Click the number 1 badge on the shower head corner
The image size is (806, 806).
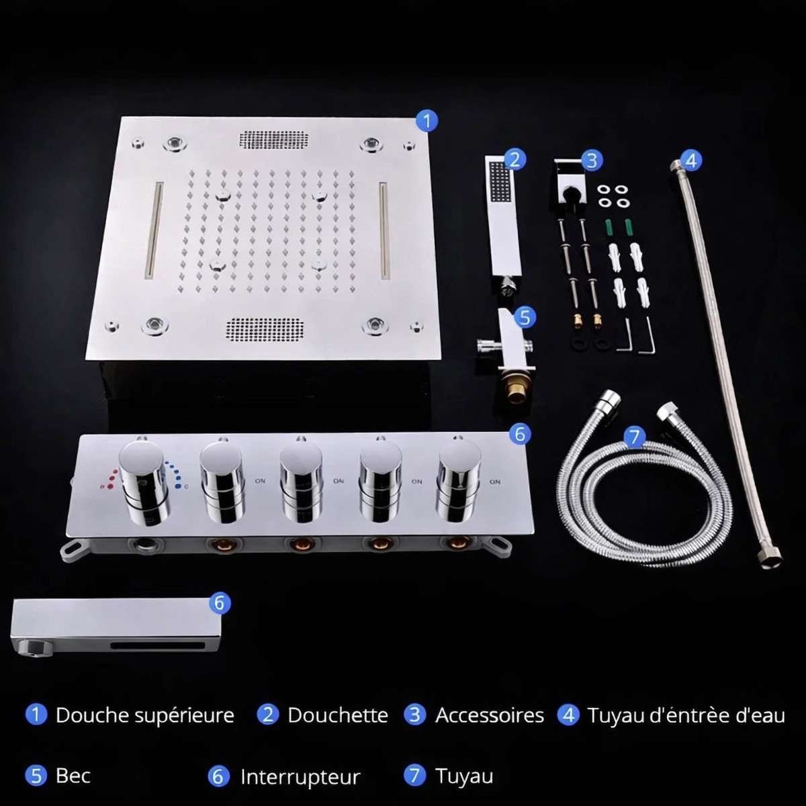pos(427,121)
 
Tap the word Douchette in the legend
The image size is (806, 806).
pos(338,715)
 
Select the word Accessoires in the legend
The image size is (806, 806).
pos(490,715)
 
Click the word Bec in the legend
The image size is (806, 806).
pos(73,776)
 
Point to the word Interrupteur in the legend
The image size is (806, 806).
pos(300,776)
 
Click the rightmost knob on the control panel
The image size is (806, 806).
pos(459,480)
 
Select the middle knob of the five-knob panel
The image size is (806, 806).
pos(301,480)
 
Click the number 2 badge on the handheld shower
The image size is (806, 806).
pos(514,159)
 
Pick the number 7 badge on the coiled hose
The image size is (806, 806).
pos(635,437)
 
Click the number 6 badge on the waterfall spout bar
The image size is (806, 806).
pos(220,602)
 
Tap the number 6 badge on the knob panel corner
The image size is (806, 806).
pos(520,434)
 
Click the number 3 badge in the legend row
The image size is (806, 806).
pos(414,715)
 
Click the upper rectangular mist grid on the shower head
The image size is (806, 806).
pos(274,139)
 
